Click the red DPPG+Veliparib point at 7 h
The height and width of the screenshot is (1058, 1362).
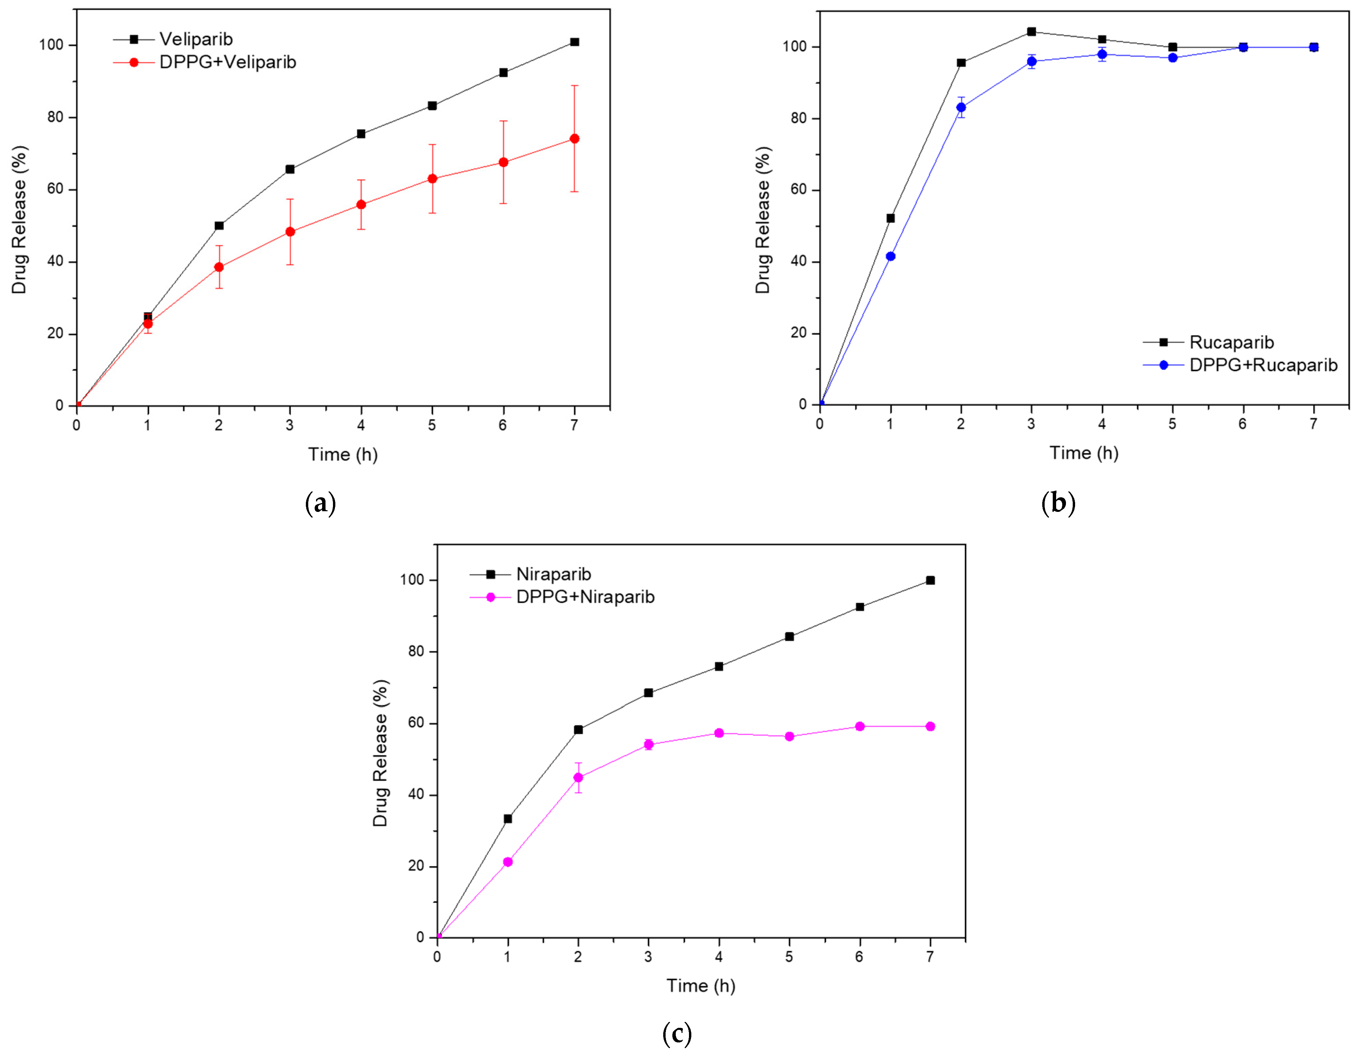click(574, 139)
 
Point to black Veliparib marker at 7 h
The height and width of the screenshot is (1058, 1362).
click(574, 42)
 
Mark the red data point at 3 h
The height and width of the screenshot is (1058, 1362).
click(290, 231)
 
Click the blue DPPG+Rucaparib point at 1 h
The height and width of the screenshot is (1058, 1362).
click(890, 256)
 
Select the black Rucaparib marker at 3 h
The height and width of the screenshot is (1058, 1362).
click(1031, 32)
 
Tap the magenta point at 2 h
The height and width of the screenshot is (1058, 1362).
click(578, 777)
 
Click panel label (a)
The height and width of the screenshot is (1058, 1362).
click(320, 503)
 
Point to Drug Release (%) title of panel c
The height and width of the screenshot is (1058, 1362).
click(380, 753)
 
